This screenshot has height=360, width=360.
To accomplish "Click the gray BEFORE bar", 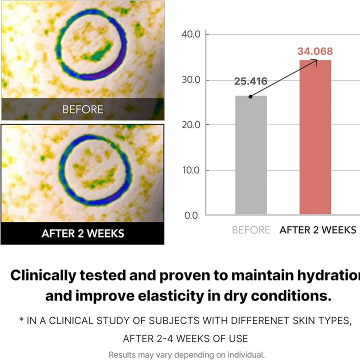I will pyautogui.click(x=251, y=155).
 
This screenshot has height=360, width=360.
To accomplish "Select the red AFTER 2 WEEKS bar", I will pyautogui.click(x=315, y=137).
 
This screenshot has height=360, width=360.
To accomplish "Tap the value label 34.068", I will pyautogui.click(x=315, y=51).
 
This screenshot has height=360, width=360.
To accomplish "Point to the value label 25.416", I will pyautogui.click(x=250, y=81).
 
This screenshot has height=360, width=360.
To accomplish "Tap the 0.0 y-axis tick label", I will pyautogui.click(x=192, y=215).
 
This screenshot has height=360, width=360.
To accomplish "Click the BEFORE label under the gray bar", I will pyautogui.click(x=251, y=230).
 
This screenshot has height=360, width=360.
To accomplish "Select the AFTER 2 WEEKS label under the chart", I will pyautogui.click(x=318, y=230).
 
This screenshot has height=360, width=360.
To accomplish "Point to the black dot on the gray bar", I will pyautogui.click(x=250, y=96).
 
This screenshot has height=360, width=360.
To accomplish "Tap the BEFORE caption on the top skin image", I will pyautogui.click(x=83, y=109).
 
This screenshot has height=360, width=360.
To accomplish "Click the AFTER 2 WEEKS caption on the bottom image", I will pyautogui.click(x=83, y=233).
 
